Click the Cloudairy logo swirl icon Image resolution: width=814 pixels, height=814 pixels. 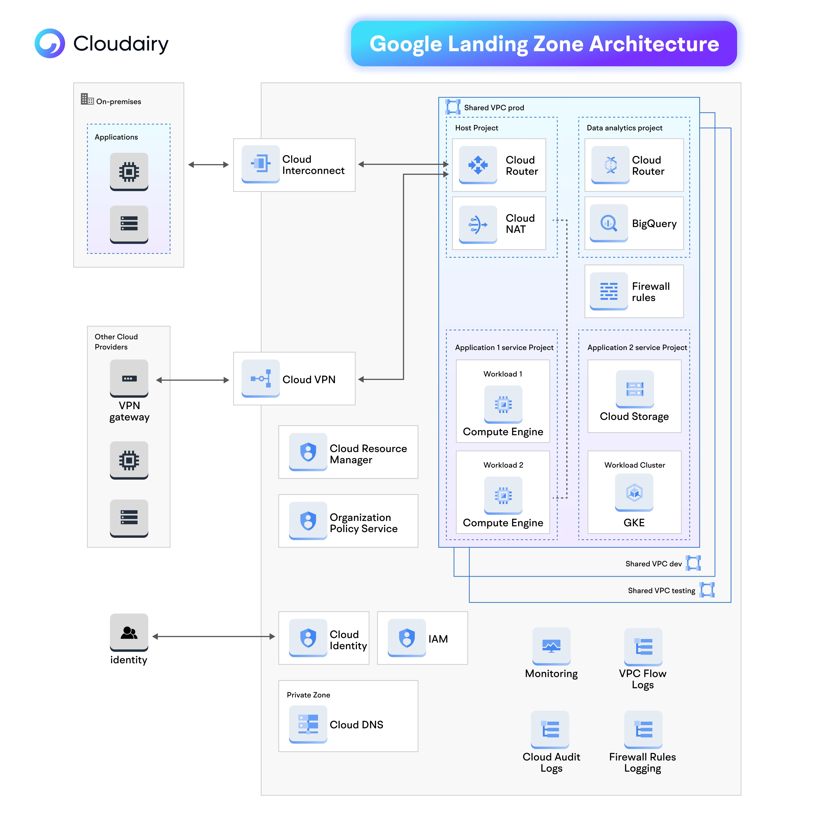click(x=50, y=43)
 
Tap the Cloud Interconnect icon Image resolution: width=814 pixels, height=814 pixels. click(x=260, y=164)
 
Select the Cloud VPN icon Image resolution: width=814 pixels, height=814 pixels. click(x=260, y=378)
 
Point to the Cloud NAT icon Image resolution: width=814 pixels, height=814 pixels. click(x=478, y=224)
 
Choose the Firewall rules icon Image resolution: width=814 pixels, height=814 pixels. click(x=609, y=291)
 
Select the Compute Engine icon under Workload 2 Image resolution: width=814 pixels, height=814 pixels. click(x=503, y=496)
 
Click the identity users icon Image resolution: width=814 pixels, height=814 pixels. click(x=129, y=632)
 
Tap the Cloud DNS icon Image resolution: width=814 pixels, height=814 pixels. click(x=308, y=724)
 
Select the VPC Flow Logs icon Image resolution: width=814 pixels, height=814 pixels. click(x=643, y=647)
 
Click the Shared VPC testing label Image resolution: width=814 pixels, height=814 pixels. click(x=661, y=590)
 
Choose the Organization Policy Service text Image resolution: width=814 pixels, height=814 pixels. click(x=363, y=522)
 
